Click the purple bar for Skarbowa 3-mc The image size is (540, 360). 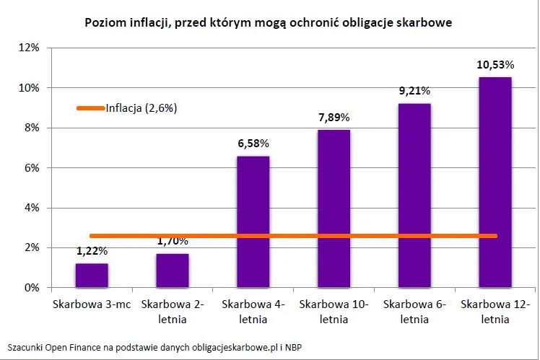(x=92, y=276)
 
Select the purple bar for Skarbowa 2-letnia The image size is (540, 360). (x=173, y=271)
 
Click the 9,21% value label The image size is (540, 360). (x=414, y=92)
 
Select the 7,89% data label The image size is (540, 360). (x=334, y=118)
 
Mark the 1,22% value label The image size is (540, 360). (x=92, y=251)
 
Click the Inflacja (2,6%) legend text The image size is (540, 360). (x=141, y=108)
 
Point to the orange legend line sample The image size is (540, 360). (x=90, y=108)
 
